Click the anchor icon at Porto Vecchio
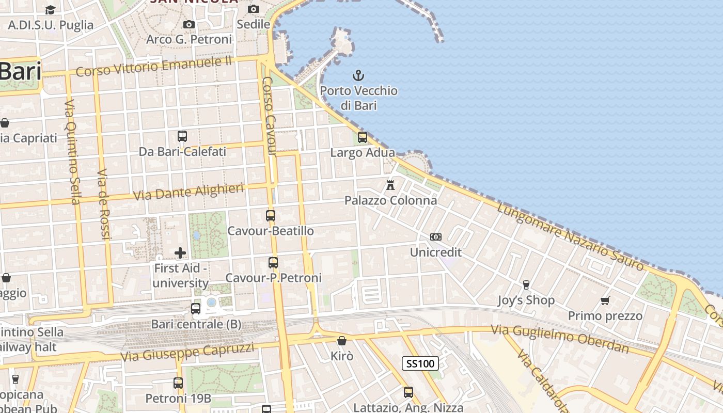tap(358, 76)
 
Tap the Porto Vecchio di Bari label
tap(358, 98)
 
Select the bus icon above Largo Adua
tap(363, 137)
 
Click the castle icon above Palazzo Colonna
tap(390, 185)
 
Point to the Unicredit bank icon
tap(436, 237)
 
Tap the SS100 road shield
tap(420, 363)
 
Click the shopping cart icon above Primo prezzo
tap(605, 300)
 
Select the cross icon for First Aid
tap(180, 253)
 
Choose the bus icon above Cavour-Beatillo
tap(271, 216)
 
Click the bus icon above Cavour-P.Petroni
tap(273, 263)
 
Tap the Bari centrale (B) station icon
tap(196, 309)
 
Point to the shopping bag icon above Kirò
tap(341, 341)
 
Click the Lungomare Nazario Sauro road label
tap(571, 236)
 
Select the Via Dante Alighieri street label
tap(188, 192)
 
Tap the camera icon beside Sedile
tap(253, 9)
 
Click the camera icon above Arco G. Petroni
tap(189, 24)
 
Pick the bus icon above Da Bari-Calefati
tap(182, 136)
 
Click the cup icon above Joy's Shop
tap(526, 285)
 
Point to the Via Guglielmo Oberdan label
tap(560, 339)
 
